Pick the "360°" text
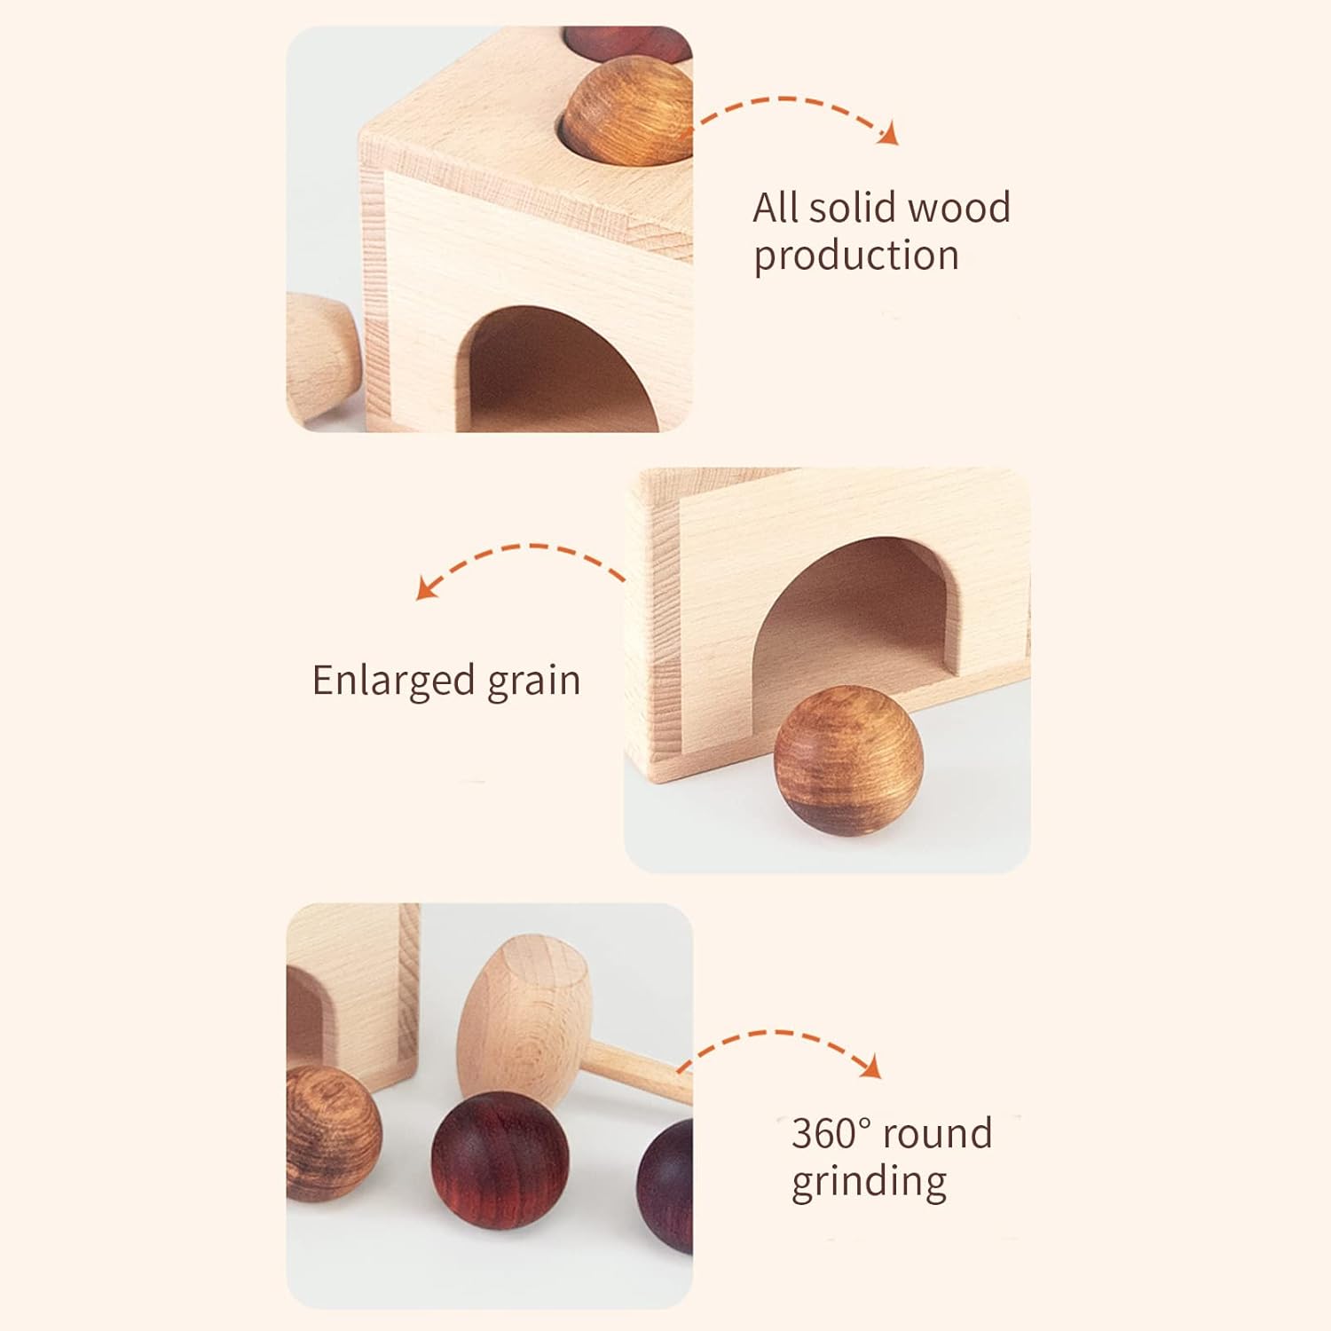coord(832,1133)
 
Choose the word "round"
coord(938,1134)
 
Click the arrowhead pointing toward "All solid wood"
coord(889,134)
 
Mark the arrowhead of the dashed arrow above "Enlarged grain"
coord(428,588)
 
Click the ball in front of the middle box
coord(848,764)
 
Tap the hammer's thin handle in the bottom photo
coord(641,1072)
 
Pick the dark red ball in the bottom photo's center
coord(500,1161)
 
